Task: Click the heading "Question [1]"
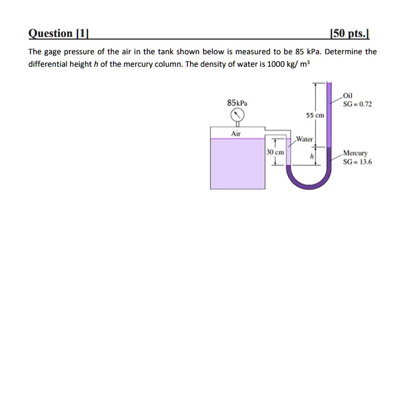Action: (x=58, y=34)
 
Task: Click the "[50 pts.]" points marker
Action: (x=350, y=34)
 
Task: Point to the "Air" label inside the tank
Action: (x=236, y=133)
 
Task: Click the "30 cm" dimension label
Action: (x=276, y=154)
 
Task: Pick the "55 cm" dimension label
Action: (x=315, y=116)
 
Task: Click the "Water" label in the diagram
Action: (x=305, y=139)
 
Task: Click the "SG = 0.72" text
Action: (x=357, y=104)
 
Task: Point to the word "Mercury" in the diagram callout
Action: (x=355, y=154)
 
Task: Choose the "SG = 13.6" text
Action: (x=357, y=161)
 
